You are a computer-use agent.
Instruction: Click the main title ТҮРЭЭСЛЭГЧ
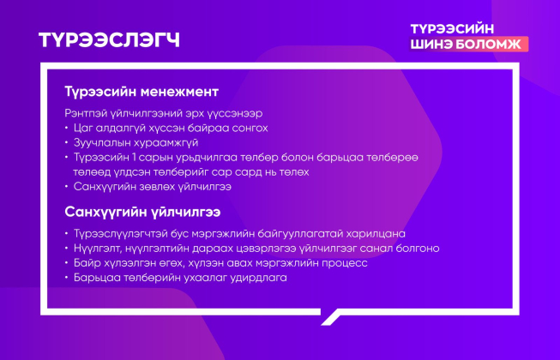coord(109,39)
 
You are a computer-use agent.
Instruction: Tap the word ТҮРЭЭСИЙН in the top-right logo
coord(452,29)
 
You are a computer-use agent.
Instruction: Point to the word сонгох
coord(250,128)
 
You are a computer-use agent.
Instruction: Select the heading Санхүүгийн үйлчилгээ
coord(142,212)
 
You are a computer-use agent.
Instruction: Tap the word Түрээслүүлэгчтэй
coord(121,234)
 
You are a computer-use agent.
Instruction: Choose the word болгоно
coord(418,249)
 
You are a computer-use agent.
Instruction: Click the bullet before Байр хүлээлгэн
coord(66,263)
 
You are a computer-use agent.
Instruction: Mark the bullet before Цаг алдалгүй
coord(66,128)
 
